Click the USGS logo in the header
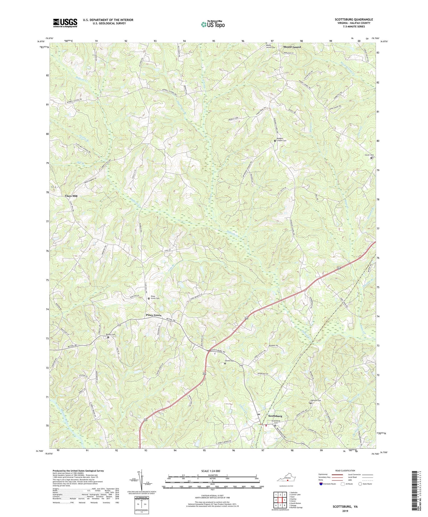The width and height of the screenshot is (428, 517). tap(65, 23)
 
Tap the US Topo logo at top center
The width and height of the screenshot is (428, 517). tap(213, 24)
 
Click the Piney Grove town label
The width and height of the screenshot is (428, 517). tap(154, 315)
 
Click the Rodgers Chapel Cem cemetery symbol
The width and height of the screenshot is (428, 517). tap(275, 141)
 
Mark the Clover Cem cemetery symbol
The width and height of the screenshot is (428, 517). tap(371, 158)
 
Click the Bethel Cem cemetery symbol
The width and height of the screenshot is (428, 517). tap(108, 337)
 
